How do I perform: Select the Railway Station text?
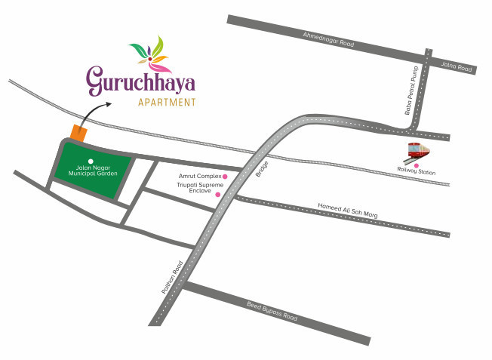coord(417,171)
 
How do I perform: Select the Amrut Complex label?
coord(199,176)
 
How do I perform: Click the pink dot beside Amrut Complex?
coord(225,177)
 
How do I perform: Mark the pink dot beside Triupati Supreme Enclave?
coord(218,195)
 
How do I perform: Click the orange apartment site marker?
coord(78,132)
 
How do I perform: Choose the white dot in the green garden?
coord(91,161)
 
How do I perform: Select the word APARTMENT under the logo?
coord(167,102)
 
